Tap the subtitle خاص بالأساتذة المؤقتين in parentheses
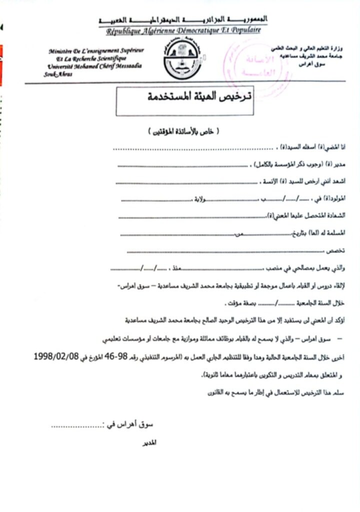click(184, 131)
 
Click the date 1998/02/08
click(59, 356)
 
